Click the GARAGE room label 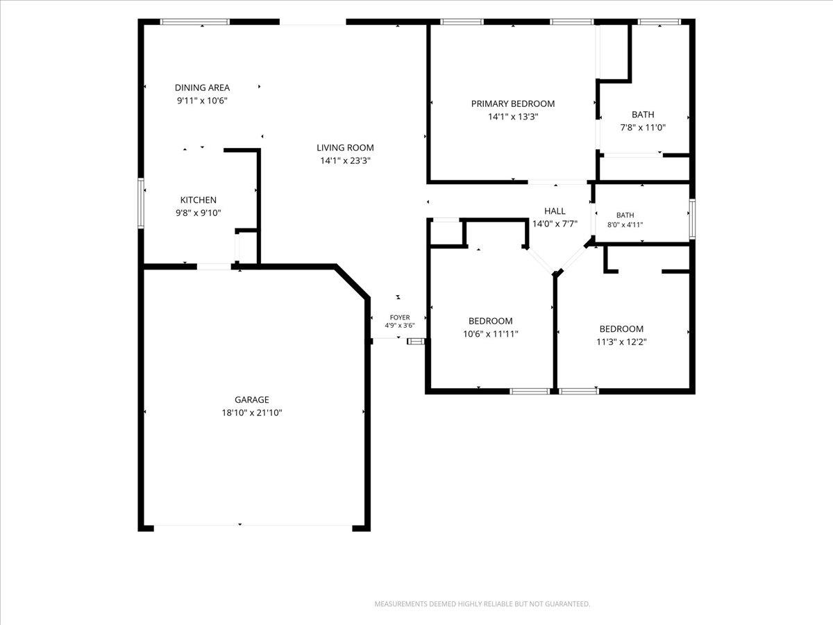tap(251, 399)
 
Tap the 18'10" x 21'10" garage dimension tap(252, 412)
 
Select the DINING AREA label tap(202, 87)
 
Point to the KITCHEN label tap(198, 200)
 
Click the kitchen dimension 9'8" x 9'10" tap(198, 213)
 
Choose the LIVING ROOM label tap(345, 148)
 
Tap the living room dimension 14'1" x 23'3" tap(345, 160)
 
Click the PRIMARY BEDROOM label tap(513, 103)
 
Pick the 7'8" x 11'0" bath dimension tap(643, 127)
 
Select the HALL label tap(555, 211)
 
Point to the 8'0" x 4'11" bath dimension tap(625, 224)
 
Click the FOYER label tap(400, 317)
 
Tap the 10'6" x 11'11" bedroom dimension tap(490, 334)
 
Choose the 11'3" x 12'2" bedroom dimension tap(621, 342)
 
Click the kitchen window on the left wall tap(141, 203)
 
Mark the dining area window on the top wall tap(195, 22)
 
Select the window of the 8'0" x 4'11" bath tap(692, 219)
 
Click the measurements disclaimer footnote tap(482, 603)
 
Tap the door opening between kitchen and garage tap(214, 267)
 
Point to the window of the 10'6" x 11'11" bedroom tap(530, 391)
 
